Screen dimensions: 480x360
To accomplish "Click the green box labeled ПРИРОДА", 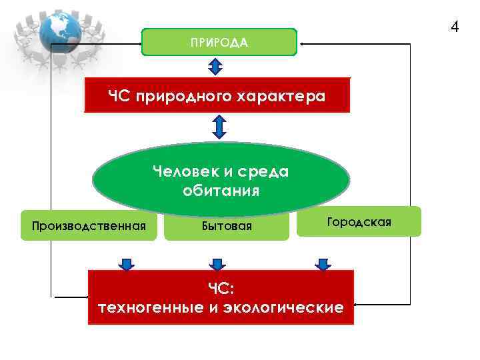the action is click(x=219, y=42).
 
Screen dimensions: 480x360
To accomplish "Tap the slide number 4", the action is click(x=454, y=27).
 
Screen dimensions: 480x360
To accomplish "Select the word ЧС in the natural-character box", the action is click(x=119, y=97).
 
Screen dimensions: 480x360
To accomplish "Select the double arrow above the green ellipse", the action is click(x=219, y=127).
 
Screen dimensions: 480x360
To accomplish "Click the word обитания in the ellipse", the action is click(x=221, y=191).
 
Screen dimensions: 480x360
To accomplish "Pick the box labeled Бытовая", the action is click(x=227, y=227).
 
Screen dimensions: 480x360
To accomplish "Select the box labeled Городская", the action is click(x=360, y=221).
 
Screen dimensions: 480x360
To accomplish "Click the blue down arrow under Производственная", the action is click(x=126, y=264).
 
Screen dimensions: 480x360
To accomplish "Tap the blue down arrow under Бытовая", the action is click(x=216, y=264).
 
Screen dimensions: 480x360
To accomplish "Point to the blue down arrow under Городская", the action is click(x=323, y=264).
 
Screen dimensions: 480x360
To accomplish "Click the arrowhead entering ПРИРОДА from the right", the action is click(x=301, y=43).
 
